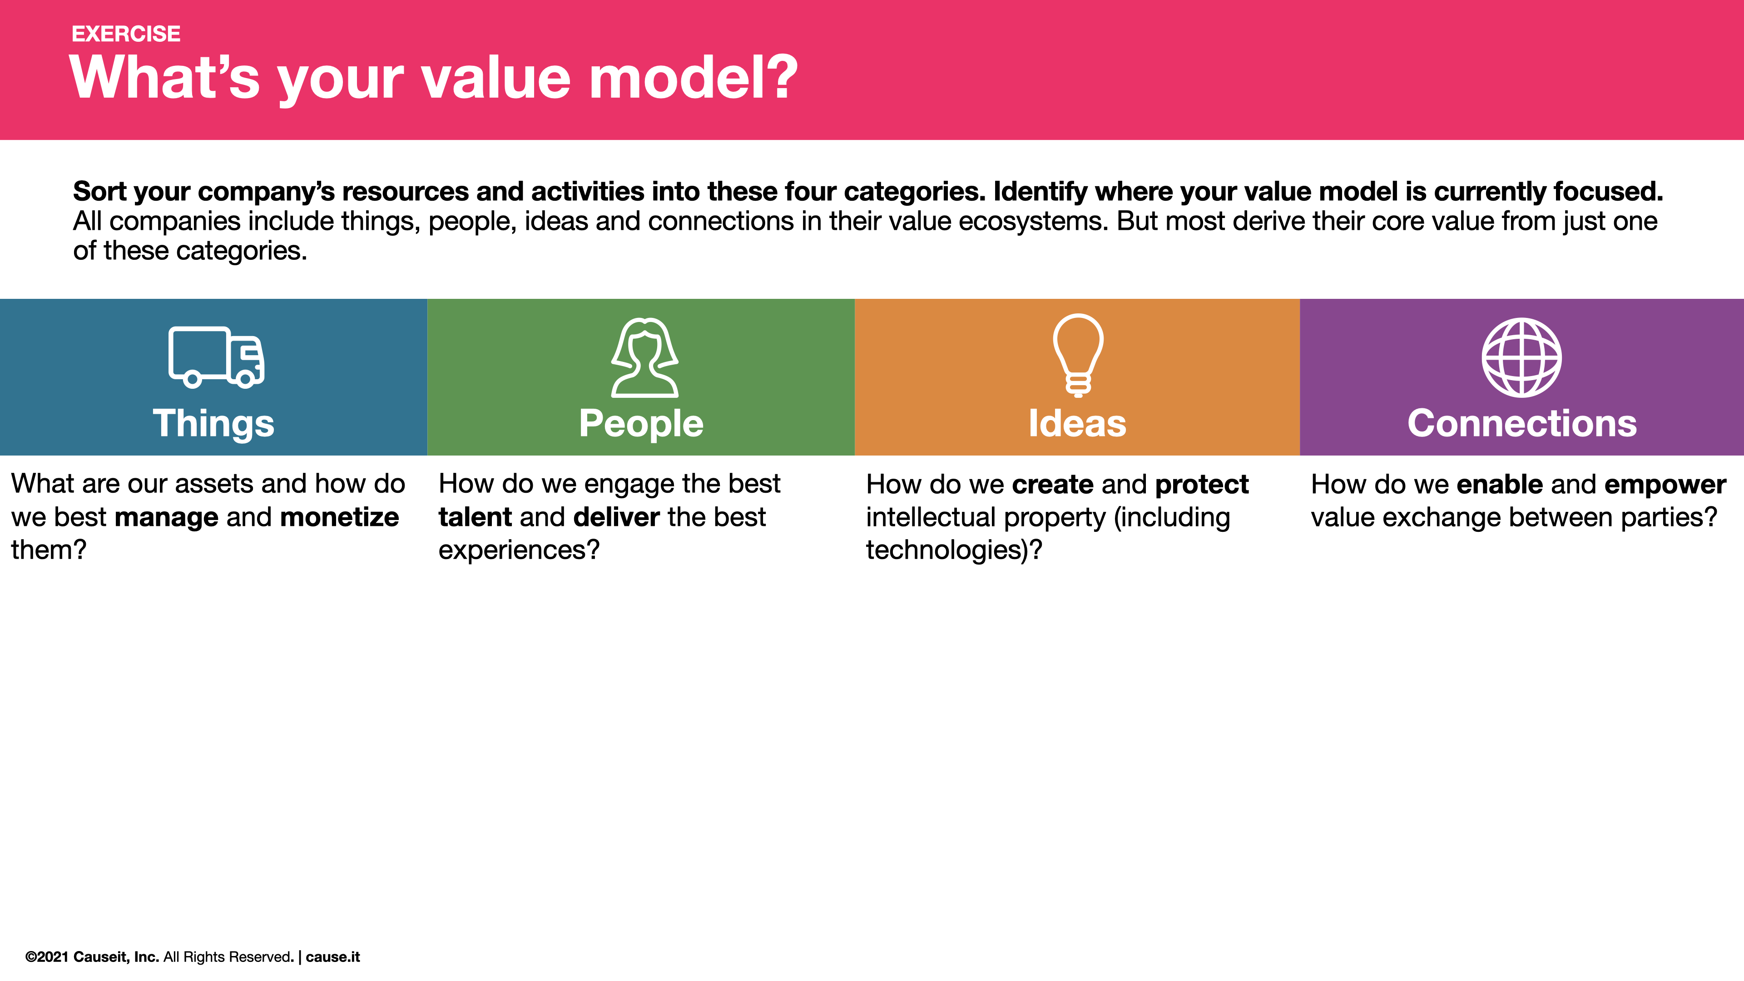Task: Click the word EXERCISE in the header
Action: click(126, 34)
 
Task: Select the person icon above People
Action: click(644, 357)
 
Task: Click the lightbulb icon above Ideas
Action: click(1078, 354)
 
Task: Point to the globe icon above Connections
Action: click(1522, 357)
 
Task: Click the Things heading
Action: click(213, 424)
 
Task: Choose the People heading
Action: click(641, 424)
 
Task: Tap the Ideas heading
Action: click(1077, 424)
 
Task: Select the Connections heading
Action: click(1522, 424)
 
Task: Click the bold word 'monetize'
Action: click(339, 517)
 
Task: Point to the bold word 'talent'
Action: click(475, 517)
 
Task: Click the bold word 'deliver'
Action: click(616, 517)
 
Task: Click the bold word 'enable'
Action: click(1500, 485)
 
